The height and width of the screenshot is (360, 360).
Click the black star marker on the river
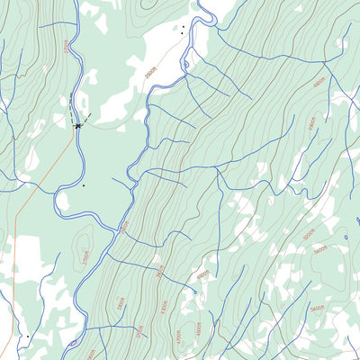tap(78, 126)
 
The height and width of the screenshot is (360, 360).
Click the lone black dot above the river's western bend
tap(83, 186)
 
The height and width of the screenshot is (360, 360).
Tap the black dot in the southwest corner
tap(28, 336)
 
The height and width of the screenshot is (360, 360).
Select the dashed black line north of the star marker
tap(72, 106)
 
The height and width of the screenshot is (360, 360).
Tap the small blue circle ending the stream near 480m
tap(194, 292)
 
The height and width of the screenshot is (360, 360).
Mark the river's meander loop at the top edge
tap(205, 13)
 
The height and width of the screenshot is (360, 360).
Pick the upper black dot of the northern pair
tap(182, 28)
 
